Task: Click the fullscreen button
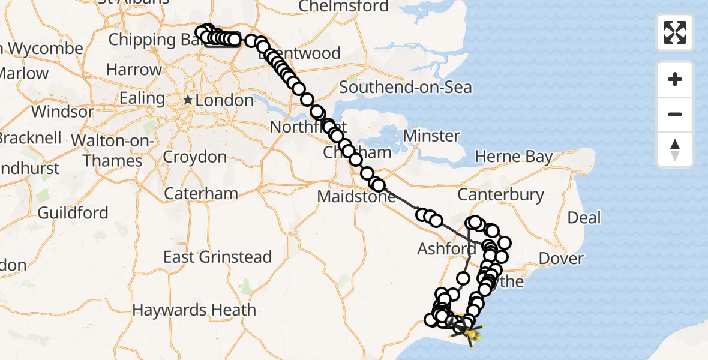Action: tap(675, 32)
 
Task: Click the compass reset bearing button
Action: tap(675, 149)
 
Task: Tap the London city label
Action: tap(224, 100)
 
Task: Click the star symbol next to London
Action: tap(188, 100)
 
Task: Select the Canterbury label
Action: tap(500, 194)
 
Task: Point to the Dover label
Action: tap(561, 259)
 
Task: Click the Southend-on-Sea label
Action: tap(406, 87)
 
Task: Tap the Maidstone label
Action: tap(356, 196)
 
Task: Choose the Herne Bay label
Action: tap(514, 157)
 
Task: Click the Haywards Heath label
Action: tap(194, 310)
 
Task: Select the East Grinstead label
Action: tap(217, 257)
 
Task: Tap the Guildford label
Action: tap(73, 212)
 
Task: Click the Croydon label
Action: tap(196, 157)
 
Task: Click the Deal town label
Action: tap(584, 217)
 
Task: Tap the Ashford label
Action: tap(446, 248)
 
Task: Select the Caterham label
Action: tap(200, 194)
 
